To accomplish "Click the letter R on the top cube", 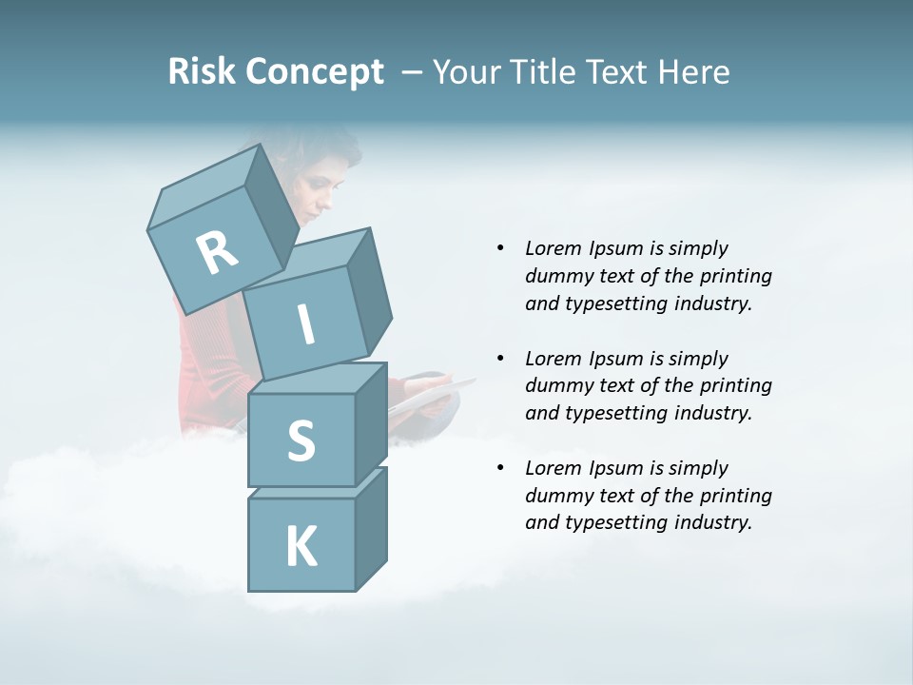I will click(217, 253).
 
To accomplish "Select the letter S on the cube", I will click(301, 441).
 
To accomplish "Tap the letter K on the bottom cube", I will click(301, 547).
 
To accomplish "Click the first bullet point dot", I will click(500, 248).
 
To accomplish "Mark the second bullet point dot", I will click(500, 359).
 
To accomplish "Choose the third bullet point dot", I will click(500, 468).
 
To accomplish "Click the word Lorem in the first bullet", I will click(553, 248).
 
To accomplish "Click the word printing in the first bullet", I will click(735, 277).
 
